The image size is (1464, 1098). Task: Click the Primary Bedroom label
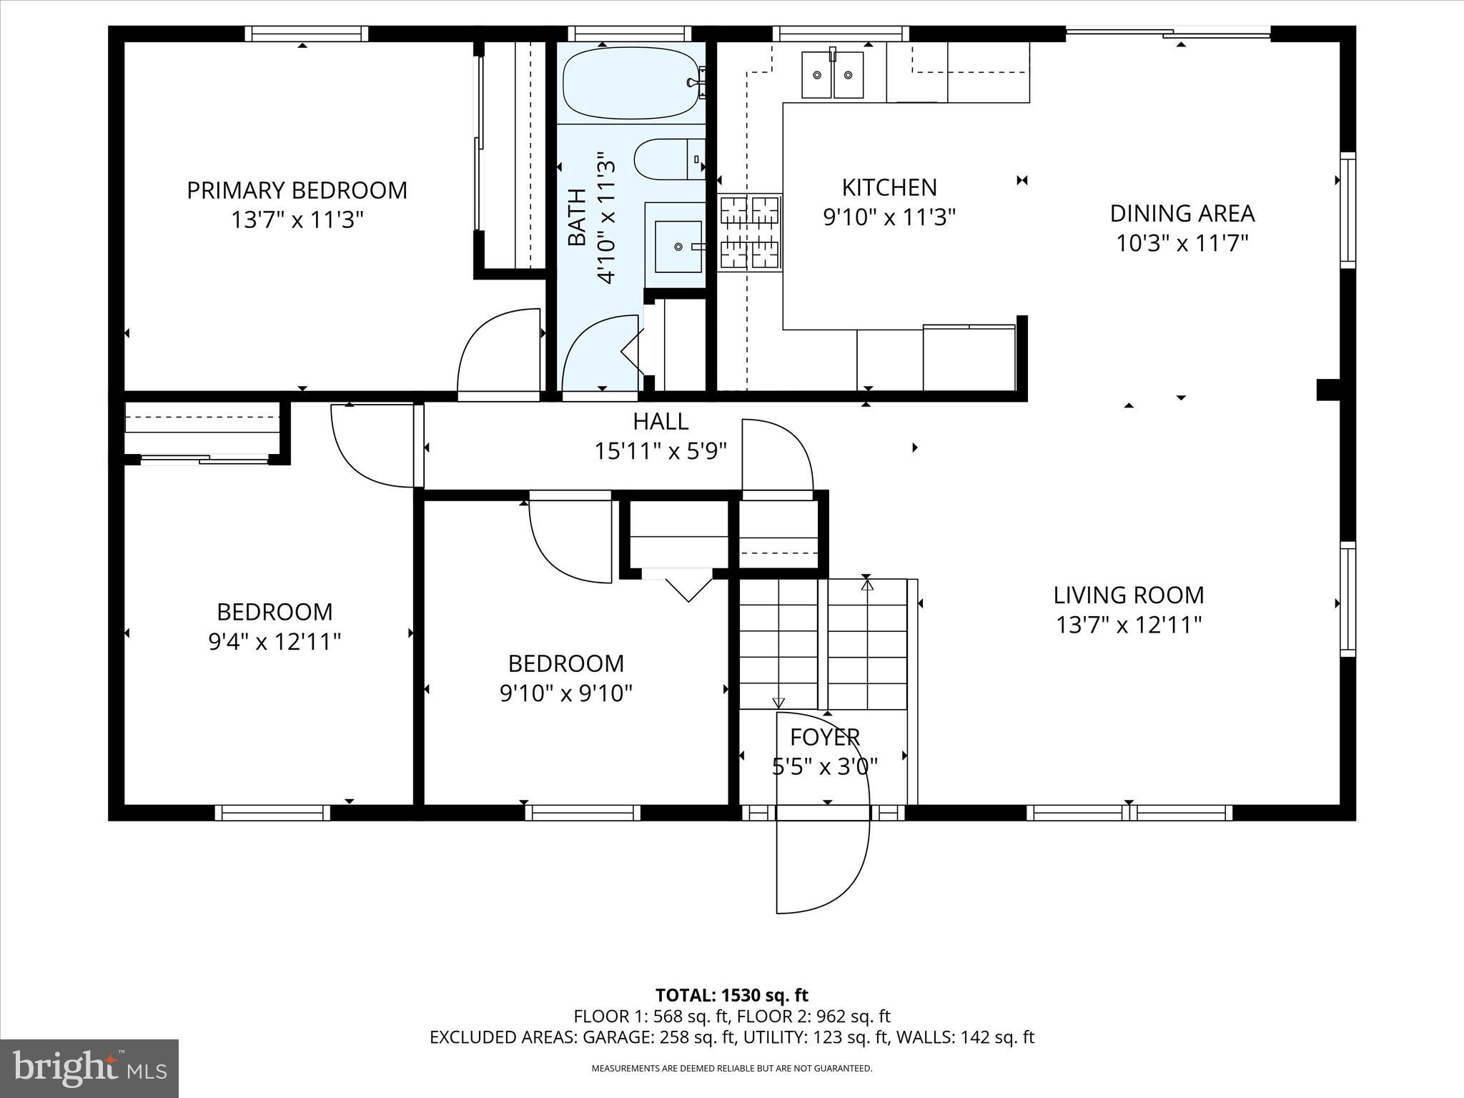click(x=297, y=190)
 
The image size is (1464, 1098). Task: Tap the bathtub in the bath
click(x=629, y=82)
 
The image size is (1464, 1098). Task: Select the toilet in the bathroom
click(x=668, y=159)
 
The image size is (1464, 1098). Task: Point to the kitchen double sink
click(x=832, y=74)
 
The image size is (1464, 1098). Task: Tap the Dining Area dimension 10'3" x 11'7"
click(x=1182, y=244)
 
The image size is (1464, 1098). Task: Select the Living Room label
click(x=1128, y=595)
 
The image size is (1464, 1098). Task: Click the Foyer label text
click(x=824, y=736)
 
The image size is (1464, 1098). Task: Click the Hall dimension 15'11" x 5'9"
click(x=661, y=451)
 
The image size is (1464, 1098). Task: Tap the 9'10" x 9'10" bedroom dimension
click(x=565, y=693)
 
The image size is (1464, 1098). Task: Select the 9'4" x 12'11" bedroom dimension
click(x=274, y=642)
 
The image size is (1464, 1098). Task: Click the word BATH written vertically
click(x=577, y=217)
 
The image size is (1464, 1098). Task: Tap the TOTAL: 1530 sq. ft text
click(x=731, y=995)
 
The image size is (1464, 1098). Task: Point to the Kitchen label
click(x=889, y=187)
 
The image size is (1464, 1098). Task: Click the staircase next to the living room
click(x=822, y=643)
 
